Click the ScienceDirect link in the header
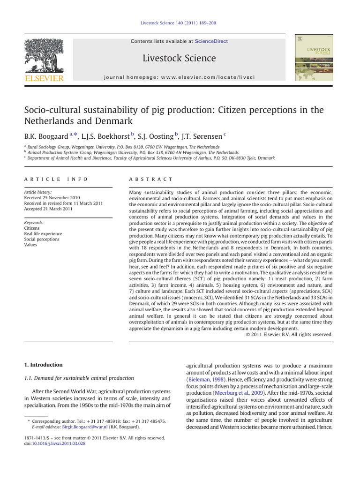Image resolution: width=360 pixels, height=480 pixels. coord(211,41)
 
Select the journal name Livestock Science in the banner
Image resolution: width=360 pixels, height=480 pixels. coord(180,58)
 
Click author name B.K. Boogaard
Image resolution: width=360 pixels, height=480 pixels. coord(45,136)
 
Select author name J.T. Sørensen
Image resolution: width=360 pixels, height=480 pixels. coord(202,136)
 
